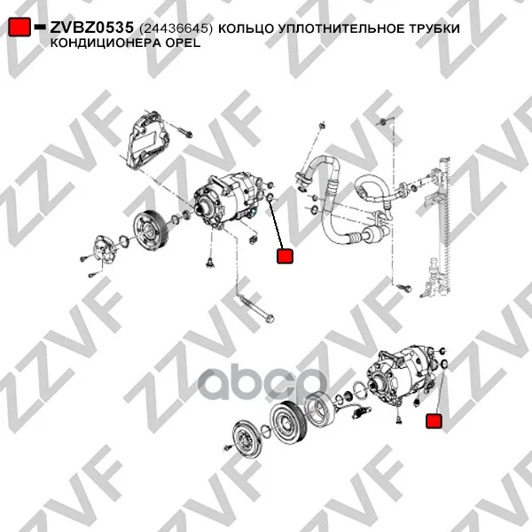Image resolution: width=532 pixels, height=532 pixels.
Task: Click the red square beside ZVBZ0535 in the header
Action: pyautogui.click(x=20, y=27)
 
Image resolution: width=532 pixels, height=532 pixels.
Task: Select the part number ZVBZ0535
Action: pyautogui.click(x=92, y=27)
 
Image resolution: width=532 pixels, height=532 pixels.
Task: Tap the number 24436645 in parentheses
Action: pyautogui.click(x=176, y=28)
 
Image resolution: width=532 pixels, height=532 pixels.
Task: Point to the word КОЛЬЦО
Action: pyautogui.click(x=246, y=29)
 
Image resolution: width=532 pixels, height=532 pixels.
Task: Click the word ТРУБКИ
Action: pyautogui.click(x=434, y=28)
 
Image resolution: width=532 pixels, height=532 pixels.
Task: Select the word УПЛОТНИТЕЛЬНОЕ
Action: pyautogui.click(x=340, y=28)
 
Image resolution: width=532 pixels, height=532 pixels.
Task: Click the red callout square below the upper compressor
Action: pyautogui.click(x=285, y=256)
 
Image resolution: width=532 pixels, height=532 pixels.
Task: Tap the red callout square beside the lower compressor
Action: pyautogui.click(x=434, y=420)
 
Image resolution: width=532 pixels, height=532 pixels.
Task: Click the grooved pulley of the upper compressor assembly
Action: pyautogui.click(x=149, y=231)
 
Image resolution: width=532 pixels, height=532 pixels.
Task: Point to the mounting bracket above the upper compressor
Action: pyautogui.click(x=147, y=139)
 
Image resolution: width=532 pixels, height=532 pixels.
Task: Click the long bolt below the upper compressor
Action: pyautogui.click(x=257, y=309)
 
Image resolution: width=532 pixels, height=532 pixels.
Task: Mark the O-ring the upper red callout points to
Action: pyautogui.click(x=270, y=197)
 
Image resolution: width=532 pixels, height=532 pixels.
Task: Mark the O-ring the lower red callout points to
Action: pyautogui.click(x=445, y=364)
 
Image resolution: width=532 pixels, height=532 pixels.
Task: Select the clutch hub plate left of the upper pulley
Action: pyautogui.click(x=103, y=250)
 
